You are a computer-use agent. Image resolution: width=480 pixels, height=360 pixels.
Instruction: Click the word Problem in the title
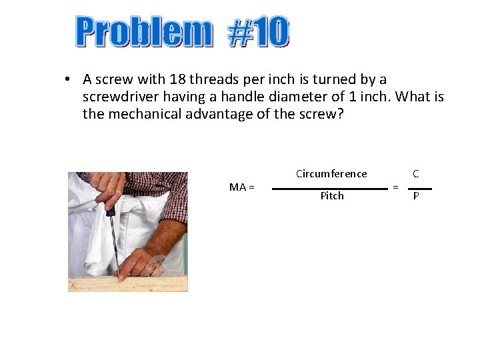coord(143,32)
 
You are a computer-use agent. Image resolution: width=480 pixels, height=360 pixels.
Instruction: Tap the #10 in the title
coord(259,32)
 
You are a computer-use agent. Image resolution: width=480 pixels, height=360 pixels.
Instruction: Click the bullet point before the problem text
coord(68,80)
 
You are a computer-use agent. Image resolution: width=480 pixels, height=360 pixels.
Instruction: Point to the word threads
coord(213,79)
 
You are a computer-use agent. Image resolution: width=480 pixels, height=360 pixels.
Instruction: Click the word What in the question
coord(412,97)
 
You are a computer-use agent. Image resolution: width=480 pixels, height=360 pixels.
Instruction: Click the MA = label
coord(241,187)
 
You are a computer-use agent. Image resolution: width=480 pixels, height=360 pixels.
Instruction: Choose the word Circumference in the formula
coord(331,174)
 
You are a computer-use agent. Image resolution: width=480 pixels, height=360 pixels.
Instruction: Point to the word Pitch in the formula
coord(332,196)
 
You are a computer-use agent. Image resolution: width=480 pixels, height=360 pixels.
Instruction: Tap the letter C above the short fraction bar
coord(416,174)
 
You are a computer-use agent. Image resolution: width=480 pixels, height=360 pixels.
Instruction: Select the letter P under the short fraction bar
coord(416,197)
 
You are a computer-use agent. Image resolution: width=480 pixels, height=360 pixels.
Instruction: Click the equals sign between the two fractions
coord(395,187)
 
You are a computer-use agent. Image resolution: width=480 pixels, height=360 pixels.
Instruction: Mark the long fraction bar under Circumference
coord(329,189)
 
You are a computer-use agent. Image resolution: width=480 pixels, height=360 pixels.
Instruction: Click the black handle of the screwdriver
coord(111,209)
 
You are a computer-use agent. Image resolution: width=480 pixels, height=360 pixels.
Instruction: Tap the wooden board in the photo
coord(127,283)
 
